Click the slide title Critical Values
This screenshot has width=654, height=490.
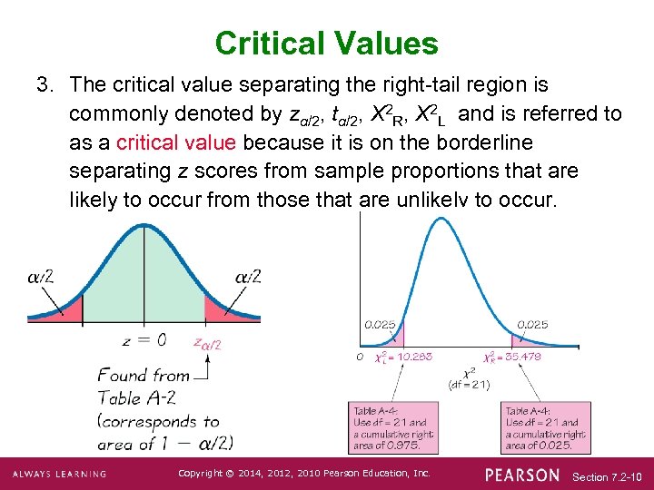327,43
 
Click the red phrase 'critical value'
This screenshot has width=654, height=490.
176,142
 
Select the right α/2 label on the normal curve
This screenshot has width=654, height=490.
248,276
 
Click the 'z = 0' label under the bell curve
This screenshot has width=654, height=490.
144,340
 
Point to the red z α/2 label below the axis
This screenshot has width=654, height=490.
207,343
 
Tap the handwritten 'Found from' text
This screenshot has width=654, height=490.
144,375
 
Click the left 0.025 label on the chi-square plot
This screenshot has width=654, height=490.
379,323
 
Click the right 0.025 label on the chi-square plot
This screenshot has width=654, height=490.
532,323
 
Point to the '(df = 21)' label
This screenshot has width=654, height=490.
469,385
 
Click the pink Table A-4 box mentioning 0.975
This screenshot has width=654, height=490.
393,427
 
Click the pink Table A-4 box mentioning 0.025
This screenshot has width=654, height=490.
545,427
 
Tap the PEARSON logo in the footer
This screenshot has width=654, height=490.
522,475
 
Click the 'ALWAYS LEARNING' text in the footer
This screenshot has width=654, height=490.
59,475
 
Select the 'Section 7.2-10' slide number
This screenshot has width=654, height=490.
608,476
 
